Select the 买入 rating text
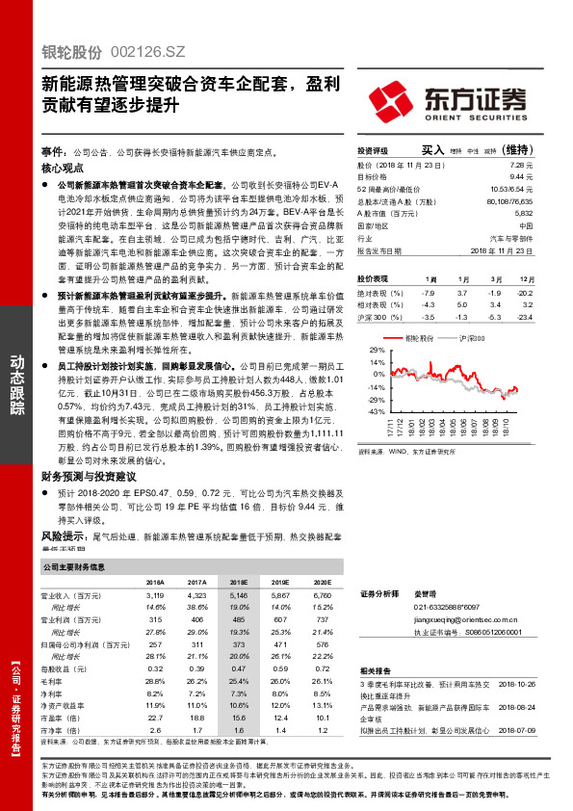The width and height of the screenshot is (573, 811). click(x=433, y=150)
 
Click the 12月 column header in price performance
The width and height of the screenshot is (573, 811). click(x=524, y=277)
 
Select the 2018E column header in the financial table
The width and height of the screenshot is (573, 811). click(x=238, y=583)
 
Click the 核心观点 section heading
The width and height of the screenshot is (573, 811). click(x=64, y=167)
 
